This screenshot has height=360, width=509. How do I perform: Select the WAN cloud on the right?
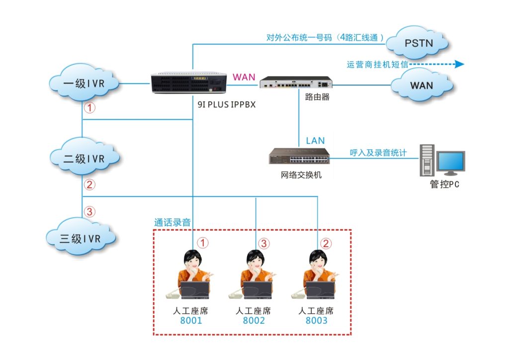[x=421, y=85]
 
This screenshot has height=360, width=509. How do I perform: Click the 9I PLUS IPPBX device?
[x=188, y=83]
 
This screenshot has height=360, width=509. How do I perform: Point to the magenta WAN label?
[x=244, y=77]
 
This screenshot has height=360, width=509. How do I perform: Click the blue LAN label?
[x=315, y=141]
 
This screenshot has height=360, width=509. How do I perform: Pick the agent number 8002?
[x=254, y=321]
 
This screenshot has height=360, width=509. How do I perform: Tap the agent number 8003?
[x=317, y=321]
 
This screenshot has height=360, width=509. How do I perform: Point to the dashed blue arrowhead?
[x=459, y=64]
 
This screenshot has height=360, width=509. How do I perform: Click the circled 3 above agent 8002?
[x=264, y=243]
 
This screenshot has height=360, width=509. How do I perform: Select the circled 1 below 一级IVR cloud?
[x=89, y=107]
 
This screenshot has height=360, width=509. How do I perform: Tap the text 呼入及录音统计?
[x=378, y=153]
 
